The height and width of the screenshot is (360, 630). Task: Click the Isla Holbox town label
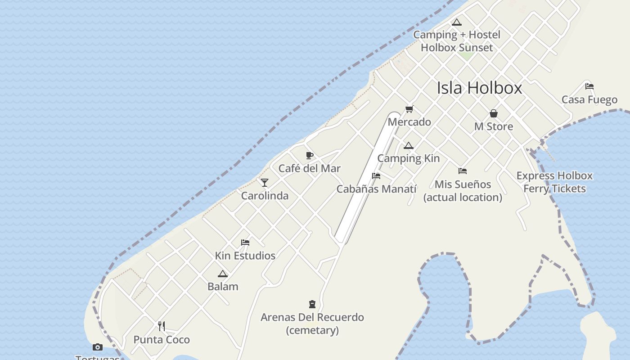pos(479,88)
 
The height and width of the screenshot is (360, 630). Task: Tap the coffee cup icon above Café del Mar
pos(310,156)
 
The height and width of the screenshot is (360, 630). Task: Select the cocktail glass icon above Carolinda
pos(265,183)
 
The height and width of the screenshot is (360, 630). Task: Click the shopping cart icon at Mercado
pos(409,109)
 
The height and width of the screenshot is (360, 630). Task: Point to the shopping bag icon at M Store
pos(494,113)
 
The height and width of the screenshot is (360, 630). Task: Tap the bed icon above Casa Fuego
pos(589,86)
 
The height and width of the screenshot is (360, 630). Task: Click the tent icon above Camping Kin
pos(408,145)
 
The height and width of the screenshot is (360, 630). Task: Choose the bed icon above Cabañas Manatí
pos(376,176)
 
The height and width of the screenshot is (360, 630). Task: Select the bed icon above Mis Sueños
pos(463,171)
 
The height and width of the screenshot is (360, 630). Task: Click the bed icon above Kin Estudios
pos(245,243)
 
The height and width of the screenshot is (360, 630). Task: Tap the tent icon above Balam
pos(223,274)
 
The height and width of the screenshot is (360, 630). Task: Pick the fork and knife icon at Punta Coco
pos(162,326)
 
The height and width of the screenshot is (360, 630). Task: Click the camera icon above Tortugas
pos(97,347)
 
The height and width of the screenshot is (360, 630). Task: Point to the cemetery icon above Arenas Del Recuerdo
pos(312,304)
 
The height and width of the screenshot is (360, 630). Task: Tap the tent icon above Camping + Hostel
pos(457,22)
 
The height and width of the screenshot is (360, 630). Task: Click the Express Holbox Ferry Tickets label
pos(554,182)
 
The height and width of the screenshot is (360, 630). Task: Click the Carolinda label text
pos(265,196)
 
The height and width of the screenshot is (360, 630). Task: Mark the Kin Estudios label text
pos(245,256)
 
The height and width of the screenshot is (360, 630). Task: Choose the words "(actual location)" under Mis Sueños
pos(463,197)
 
